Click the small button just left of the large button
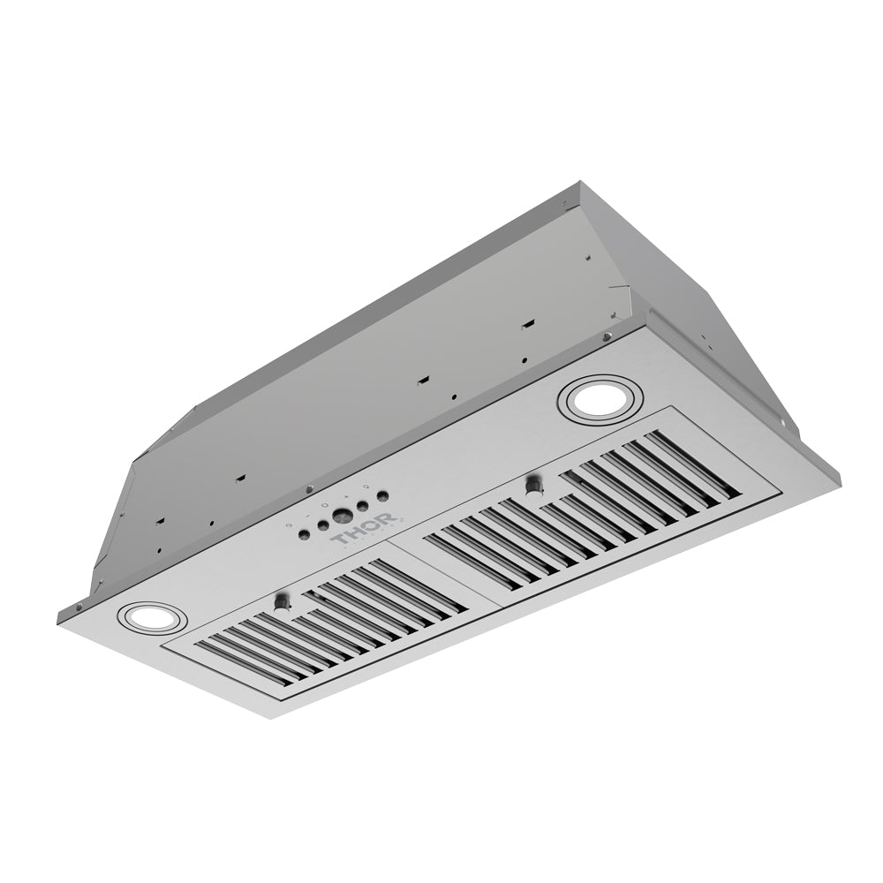pyautogui.click(x=323, y=525)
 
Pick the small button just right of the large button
pyautogui.click(x=363, y=506)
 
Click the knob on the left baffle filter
pyautogui.click(x=282, y=602)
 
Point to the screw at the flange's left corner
pyautogui.click(x=79, y=608)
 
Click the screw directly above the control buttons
pyautogui.click(x=308, y=490)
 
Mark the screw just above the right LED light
pyautogui.click(x=605, y=336)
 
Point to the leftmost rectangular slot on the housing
pyautogui.click(x=160, y=522)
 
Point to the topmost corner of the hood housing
pyautogui.click(x=581, y=183)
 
